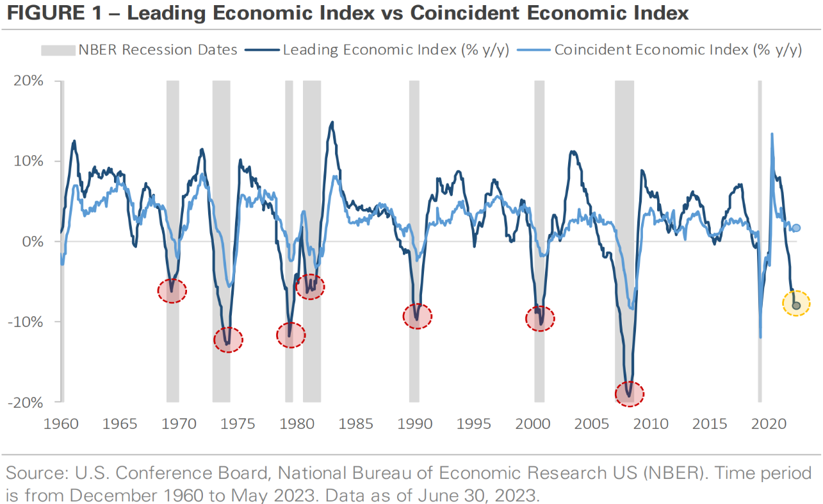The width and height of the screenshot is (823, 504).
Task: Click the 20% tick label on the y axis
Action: pyautogui.click(x=30, y=81)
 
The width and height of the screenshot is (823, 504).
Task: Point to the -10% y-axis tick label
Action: pyautogui.click(x=28, y=321)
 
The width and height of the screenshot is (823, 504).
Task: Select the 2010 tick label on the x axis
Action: pyautogui.click(x=651, y=424)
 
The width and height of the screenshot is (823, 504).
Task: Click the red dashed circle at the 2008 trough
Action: pyautogui.click(x=630, y=392)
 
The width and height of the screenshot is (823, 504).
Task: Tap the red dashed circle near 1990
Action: pyautogui.click(x=418, y=316)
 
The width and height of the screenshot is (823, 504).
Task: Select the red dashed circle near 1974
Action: pyautogui.click(x=228, y=339)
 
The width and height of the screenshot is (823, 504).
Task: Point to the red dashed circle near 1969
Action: pyautogui.click(x=172, y=291)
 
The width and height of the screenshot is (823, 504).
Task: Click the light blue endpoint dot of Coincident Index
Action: pyautogui.click(x=796, y=228)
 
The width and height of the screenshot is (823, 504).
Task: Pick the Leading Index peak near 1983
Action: pyautogui.click(x=331, y=122)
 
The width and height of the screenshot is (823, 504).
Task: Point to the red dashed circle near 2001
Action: pyautogui.click(x=540, y=318)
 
